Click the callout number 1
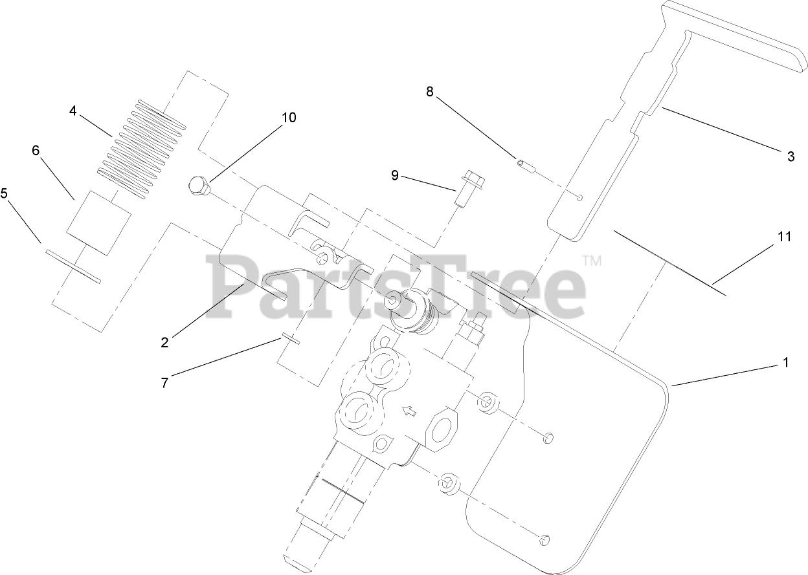click(786, 363)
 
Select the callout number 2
click(164, 343)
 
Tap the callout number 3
click(791, 156)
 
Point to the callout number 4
click(73, 111)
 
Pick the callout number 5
click(4, 193)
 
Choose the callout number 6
click(36, 150)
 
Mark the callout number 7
click(164, 382)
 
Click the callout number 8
click(429, 91)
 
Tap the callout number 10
click(288, 117)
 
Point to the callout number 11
click(784, 237)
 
